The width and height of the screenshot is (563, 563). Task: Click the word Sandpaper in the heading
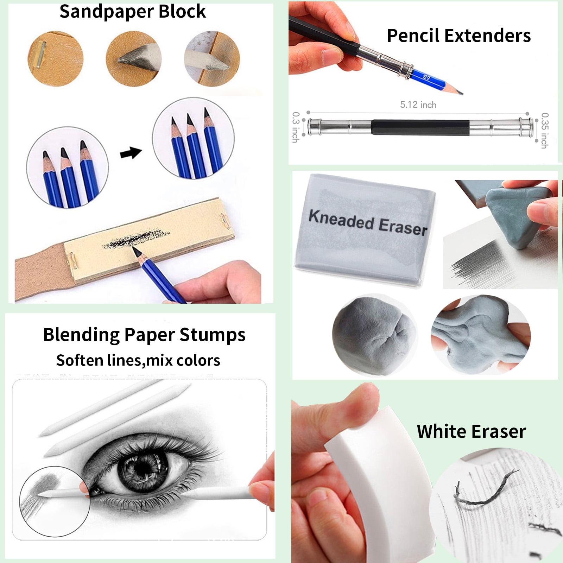tap(106, 12)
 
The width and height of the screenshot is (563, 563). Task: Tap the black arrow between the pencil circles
tap(131, 153)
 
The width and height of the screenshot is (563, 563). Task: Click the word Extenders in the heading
tap(487, 36)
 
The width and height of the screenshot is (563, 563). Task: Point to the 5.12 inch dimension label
tap(418, 105)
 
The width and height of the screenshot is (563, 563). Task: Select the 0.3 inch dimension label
tap(296, 127)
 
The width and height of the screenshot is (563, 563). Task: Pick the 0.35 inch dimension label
tap(545, 130)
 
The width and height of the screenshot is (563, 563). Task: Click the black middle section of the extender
tap(420, 127)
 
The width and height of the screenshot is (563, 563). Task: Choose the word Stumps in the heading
tap(213, 335)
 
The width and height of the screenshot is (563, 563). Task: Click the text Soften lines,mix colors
tap(138, 360)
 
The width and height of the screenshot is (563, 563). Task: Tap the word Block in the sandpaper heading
tap(182, 12)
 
